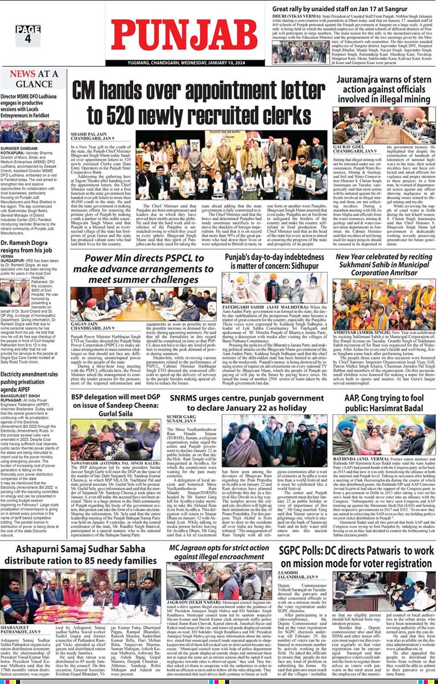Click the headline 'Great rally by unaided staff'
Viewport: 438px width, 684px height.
pyautogui.click(x=341, y=10)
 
